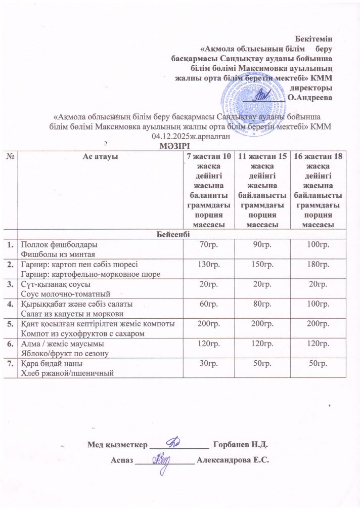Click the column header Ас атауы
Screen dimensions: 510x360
click(x=100, y=157)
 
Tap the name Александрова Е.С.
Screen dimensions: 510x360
click(x=232, y=460)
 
